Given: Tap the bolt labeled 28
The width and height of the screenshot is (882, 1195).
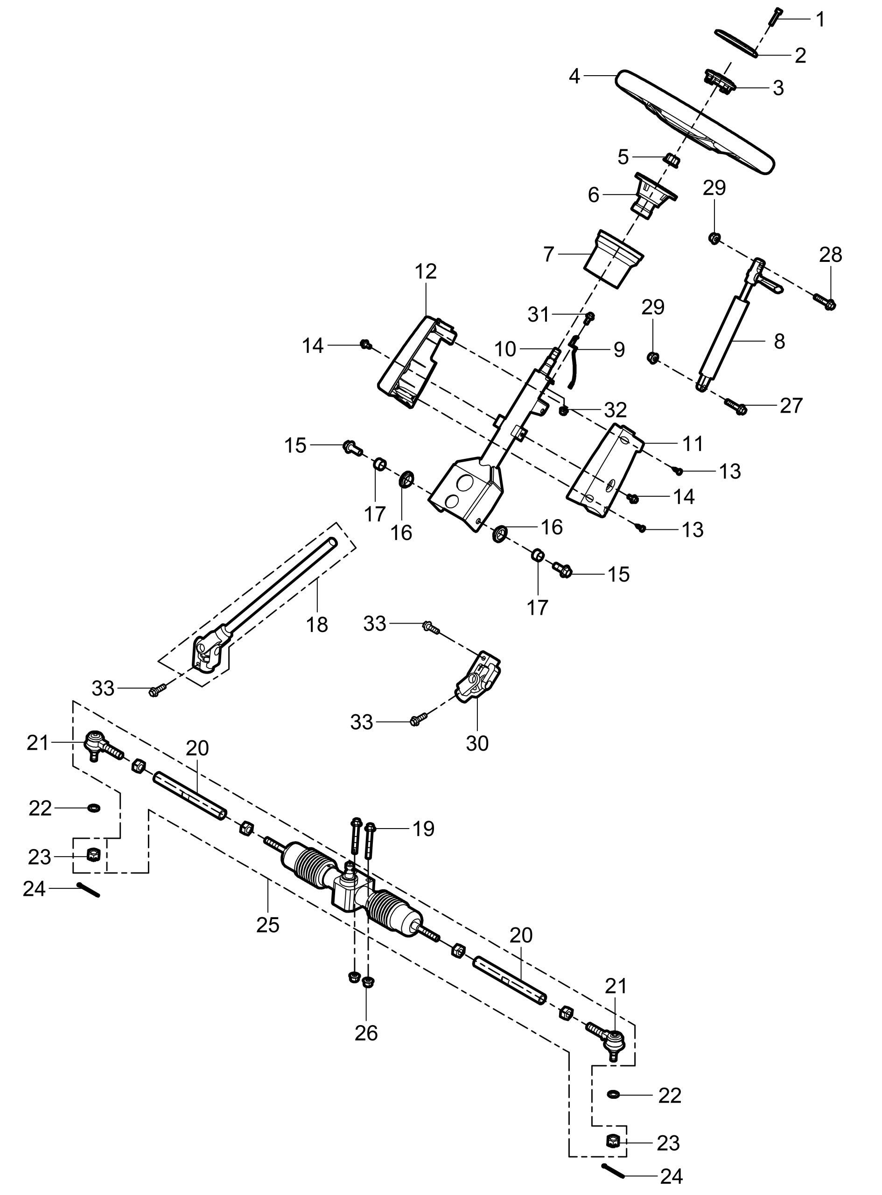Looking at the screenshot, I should click(826, 303).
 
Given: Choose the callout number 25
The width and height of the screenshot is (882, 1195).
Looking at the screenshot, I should click(267, 924).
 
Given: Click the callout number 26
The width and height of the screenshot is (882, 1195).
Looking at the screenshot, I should click(366, 1033).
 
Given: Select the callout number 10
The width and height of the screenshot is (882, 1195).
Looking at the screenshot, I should click(504, 349).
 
